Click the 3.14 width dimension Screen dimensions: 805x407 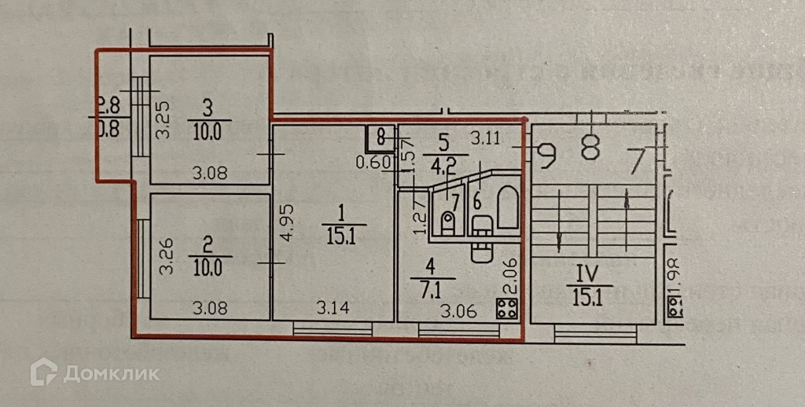(x=333, y=307)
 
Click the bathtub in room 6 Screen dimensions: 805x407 (x=508, y=207)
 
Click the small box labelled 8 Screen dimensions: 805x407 (x=380, y=139)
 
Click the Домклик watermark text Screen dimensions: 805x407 (x=111, y=372)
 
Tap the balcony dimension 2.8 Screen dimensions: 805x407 (x=108, y=103)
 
